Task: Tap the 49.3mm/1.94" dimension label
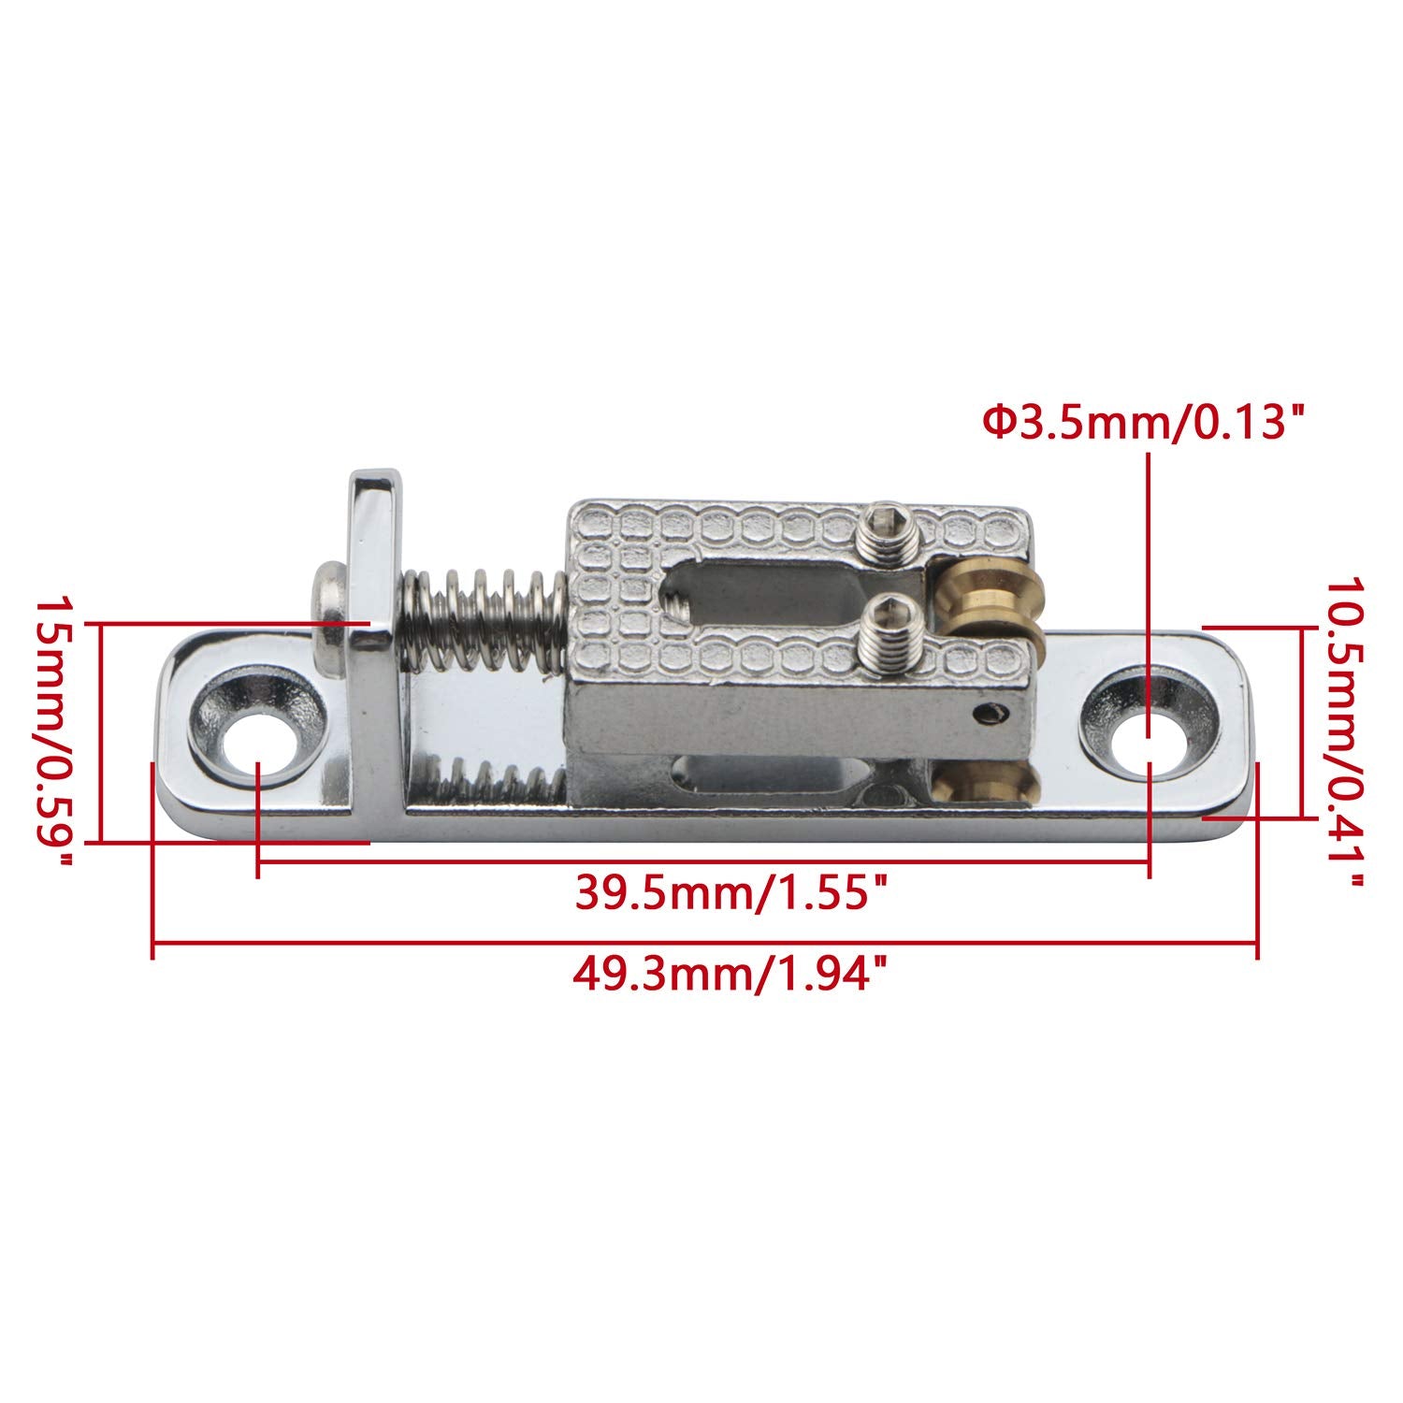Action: [x=729, y=978]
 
